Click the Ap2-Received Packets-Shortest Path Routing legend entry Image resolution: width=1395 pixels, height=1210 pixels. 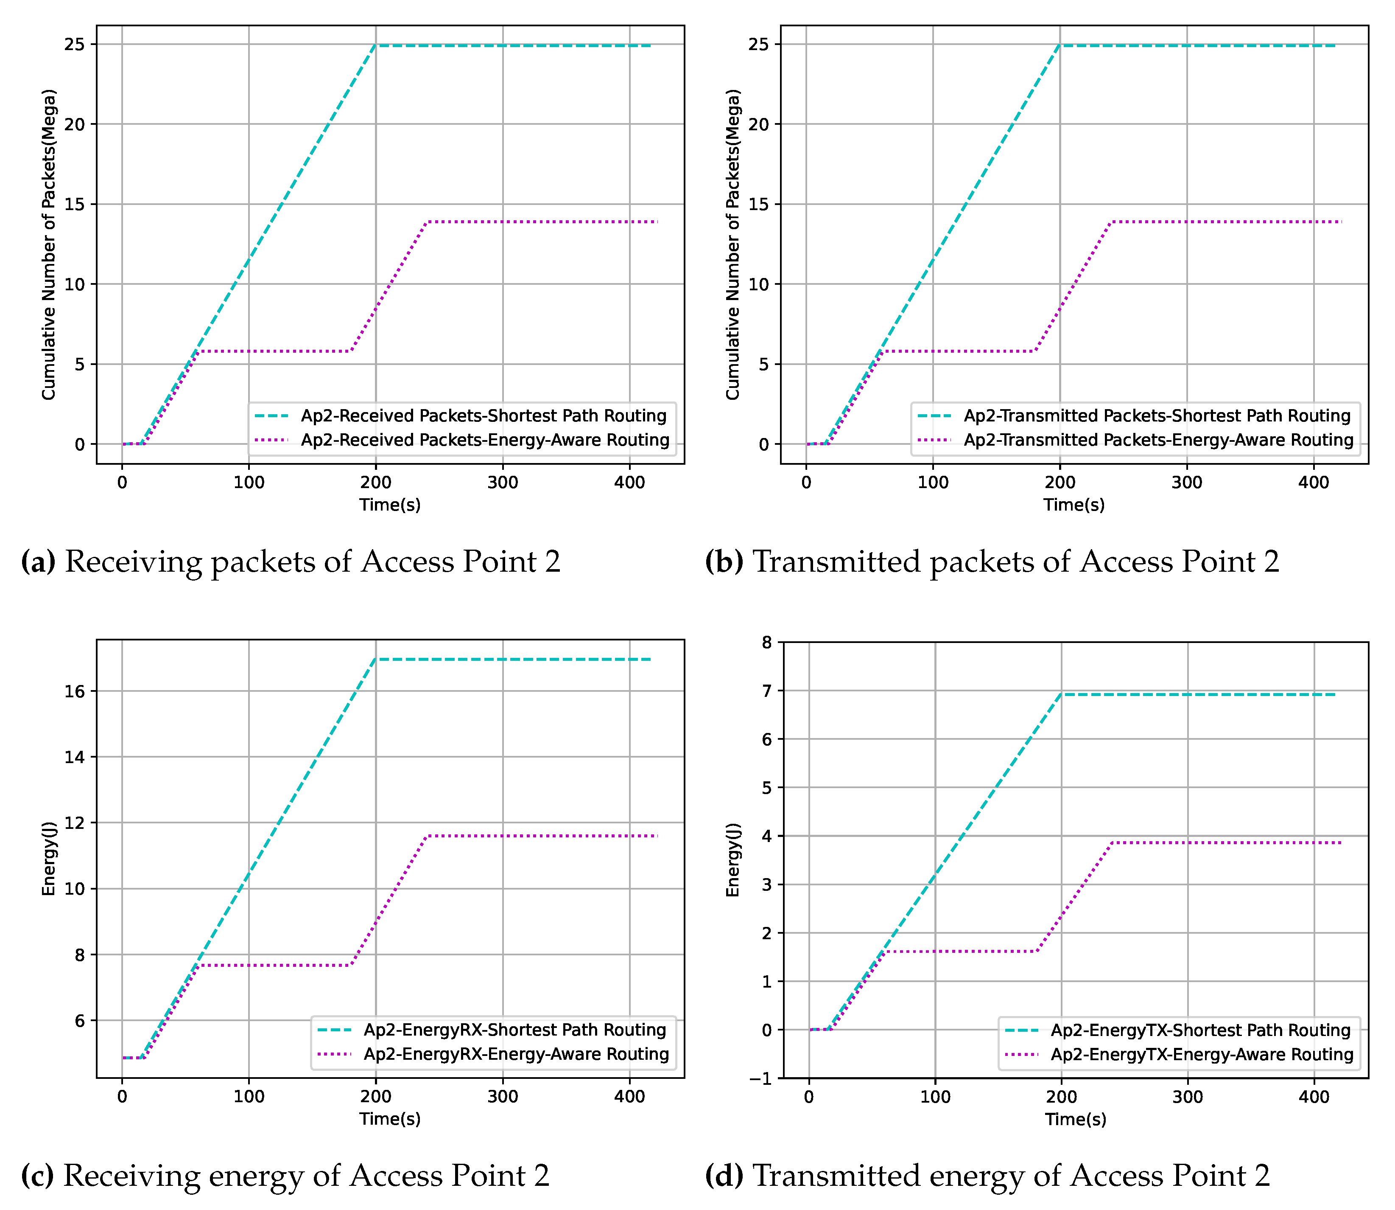point(483,416)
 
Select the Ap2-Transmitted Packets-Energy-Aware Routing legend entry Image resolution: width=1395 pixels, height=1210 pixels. point(1158,440)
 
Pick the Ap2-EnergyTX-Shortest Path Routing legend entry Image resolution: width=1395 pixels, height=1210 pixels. point(1200,1030)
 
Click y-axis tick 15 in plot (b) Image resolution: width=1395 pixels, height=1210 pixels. point(759,205)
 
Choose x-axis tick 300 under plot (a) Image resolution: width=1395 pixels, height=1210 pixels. point(502,483)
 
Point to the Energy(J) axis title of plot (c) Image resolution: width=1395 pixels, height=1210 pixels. point(49,859)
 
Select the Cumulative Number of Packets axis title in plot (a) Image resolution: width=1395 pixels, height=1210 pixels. point(49,244)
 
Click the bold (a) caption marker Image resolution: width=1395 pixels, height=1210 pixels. point(39,562)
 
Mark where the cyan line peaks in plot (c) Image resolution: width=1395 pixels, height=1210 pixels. point(376,660)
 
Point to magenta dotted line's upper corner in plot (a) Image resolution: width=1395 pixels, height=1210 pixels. point(427,222)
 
